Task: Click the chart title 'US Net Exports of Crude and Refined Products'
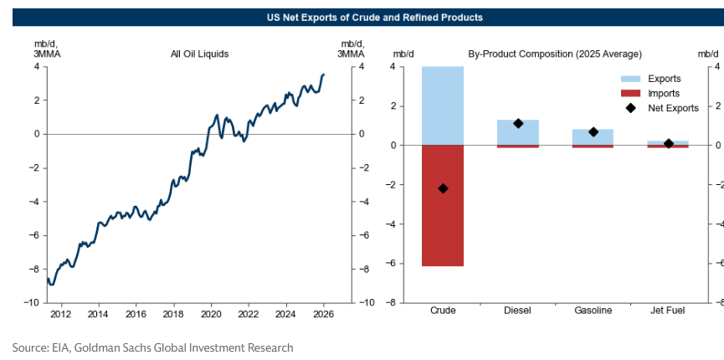pos(362,18)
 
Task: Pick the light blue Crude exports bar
pos(443,105)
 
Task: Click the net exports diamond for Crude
pos(443,188)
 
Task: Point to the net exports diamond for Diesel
pos(518,123)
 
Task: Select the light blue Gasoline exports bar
pos(593,136)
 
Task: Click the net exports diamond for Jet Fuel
pos(668,144)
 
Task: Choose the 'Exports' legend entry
pos(664,79)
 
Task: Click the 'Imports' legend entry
pos(664,93)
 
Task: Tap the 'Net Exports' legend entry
pos(673,108)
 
